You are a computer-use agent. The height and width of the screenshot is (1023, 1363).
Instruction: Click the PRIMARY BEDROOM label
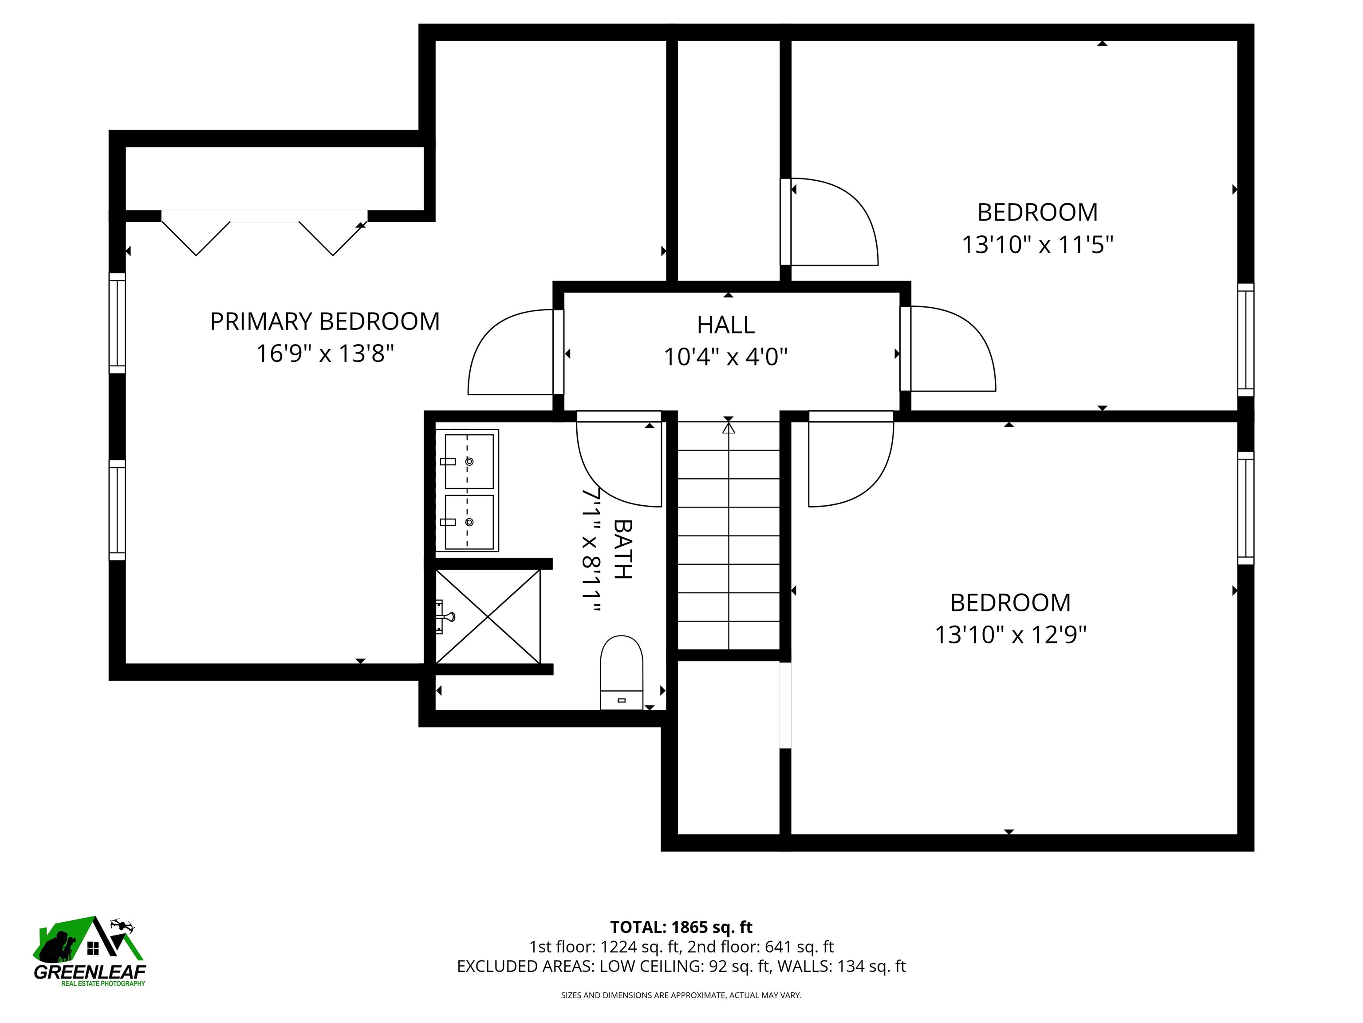(x=325, y=322)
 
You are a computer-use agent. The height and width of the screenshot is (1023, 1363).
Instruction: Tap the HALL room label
(x=725, y=325)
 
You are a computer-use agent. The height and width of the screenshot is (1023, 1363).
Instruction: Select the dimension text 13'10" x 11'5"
(x=1038, y=245)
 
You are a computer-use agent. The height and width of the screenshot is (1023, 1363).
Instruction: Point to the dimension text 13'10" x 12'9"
(x=1011, y=634)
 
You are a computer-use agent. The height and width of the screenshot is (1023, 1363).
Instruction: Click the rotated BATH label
(x=623, y=549)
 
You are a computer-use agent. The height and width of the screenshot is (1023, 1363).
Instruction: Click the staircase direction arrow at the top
(x=729, y=426)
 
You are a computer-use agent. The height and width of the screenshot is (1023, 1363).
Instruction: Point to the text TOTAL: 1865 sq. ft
(x=681, y=928)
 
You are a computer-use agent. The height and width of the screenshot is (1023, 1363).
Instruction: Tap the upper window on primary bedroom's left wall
(x=117, y=323)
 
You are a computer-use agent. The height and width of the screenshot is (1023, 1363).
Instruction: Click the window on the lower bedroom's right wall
(x=1245, y=508)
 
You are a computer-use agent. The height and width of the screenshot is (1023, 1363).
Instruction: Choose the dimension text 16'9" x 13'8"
(x=325, y=354)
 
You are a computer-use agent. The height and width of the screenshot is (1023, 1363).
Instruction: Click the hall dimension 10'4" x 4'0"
(x=725, y=357)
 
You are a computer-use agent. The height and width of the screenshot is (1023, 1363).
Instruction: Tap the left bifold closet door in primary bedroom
(x=196, y=238)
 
